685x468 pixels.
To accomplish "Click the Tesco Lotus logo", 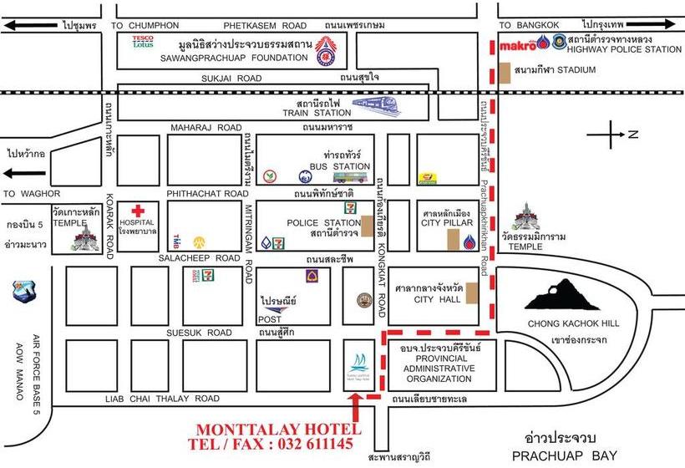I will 145,41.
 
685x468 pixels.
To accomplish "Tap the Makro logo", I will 517,44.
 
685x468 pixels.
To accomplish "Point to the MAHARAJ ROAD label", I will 205,128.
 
